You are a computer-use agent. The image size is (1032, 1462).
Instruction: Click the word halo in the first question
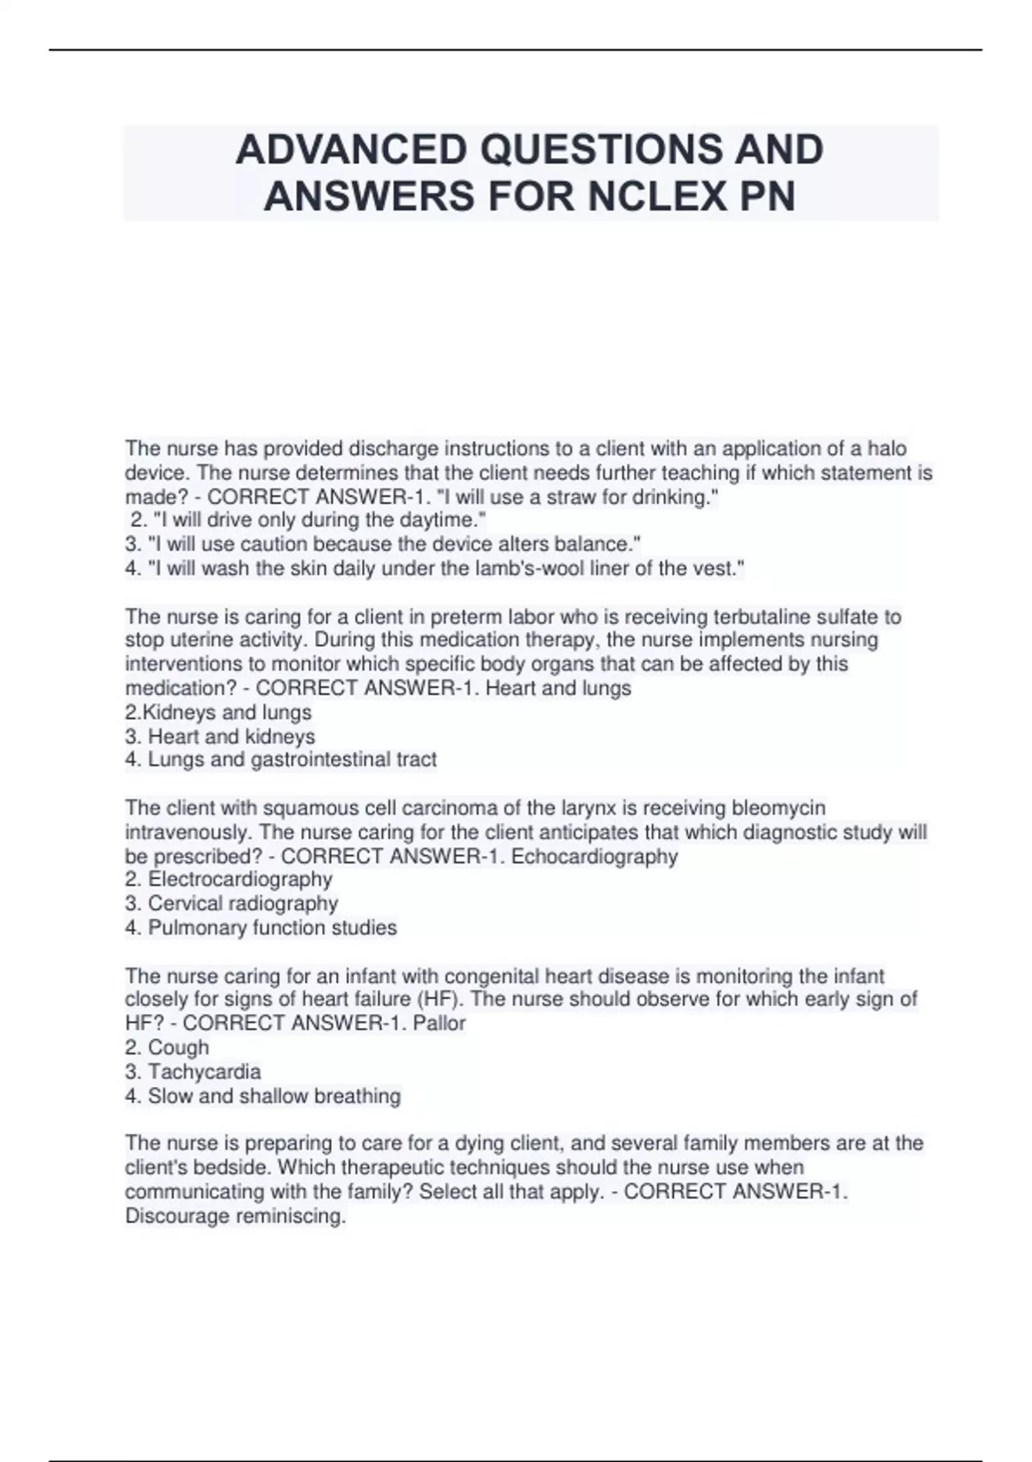pyautogui.click(x=886, y=448)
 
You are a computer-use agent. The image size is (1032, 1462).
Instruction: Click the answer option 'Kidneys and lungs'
pyautogui.click(x=226, y=712)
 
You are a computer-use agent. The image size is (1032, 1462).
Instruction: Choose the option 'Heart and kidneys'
pyautogui.click(x=231, y=736)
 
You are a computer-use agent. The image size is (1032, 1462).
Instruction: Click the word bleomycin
pyautogui.click(x=777, y=808)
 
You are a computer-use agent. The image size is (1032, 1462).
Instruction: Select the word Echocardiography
pyautogui.click(x=594, y=857)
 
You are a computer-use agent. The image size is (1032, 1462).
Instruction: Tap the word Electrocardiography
pyautogui.click(x=240, y=879)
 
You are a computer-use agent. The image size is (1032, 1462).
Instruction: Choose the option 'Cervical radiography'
pyautogui.click(x=243, y=903)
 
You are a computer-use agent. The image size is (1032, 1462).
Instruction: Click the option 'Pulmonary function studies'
pyautogui.click(x=272, y=927)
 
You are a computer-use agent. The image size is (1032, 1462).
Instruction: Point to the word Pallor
pyautogui.click(x=439, y=1023)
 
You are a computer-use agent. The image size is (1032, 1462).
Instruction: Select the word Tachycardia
pyautogui.click(x=204, y=1072)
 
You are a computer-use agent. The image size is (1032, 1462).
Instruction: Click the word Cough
pyautogui.click(x=178, y=1047)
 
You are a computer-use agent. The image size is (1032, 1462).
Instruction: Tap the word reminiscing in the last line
pyautogui.click(x=288, y=1216)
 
